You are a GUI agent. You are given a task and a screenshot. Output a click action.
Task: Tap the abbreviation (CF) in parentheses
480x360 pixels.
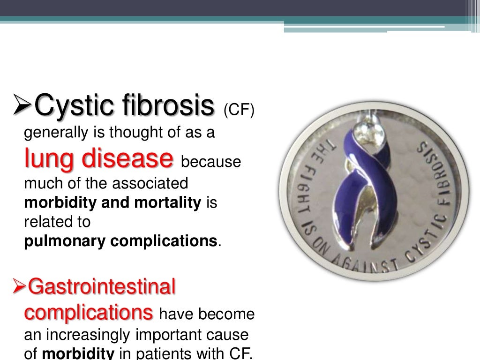(x=239, y=111)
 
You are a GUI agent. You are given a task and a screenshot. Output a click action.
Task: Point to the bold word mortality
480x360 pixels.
(x=167, y=203)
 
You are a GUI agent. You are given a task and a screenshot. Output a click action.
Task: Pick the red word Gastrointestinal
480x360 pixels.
(x=102, y=286)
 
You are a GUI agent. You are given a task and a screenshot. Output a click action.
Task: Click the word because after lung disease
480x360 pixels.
(x=210, y=162)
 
